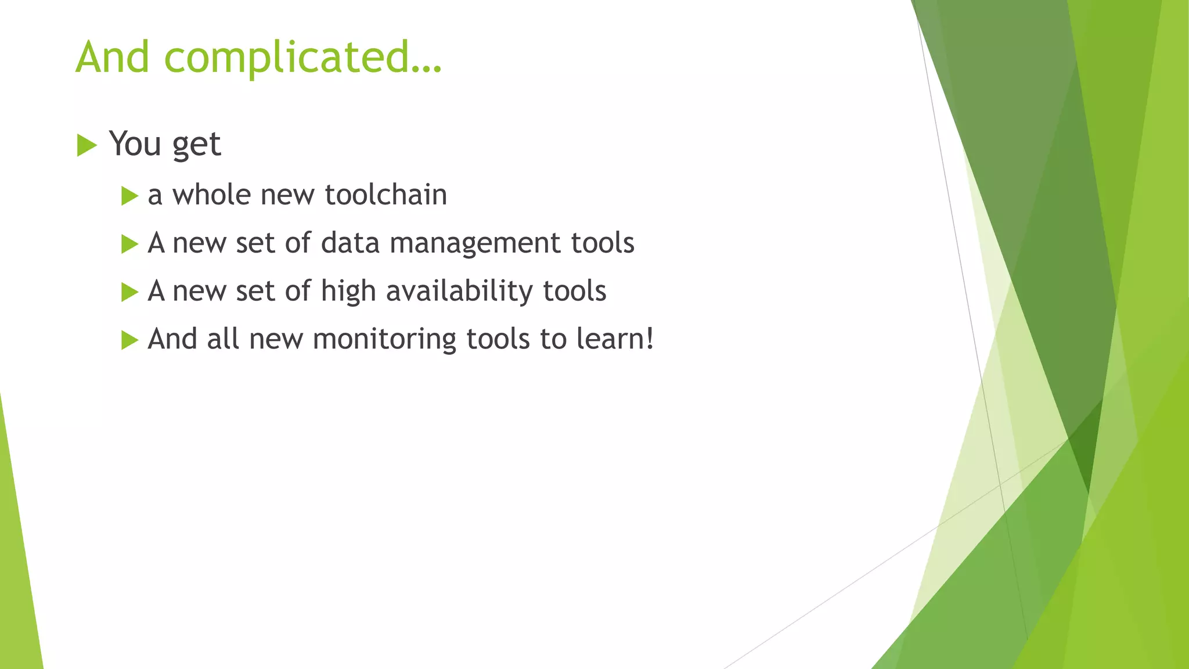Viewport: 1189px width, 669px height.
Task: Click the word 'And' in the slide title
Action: [x=113, y=57]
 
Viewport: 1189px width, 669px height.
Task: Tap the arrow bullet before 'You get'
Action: [x=86, y=145]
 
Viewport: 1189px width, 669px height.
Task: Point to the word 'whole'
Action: [x=211, y=195]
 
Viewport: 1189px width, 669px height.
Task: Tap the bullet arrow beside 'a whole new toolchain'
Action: [x=129, y=196]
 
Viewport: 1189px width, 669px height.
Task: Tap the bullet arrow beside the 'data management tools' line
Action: [x=129, y=244]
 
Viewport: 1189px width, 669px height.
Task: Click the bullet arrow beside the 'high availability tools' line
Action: [x=129, y=292]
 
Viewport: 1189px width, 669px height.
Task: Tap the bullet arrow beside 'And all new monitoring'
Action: [x=129, y=340]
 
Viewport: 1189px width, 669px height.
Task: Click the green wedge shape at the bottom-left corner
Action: [x=17, y=581]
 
